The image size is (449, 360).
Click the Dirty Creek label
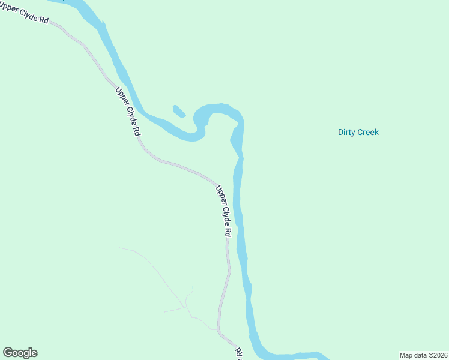(358, 132)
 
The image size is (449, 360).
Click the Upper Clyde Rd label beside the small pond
(127, 111)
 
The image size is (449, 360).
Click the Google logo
(20, 353)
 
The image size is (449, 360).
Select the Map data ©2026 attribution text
(423, 355)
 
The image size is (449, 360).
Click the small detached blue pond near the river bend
(179, 111)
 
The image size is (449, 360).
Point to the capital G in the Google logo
(8, 353)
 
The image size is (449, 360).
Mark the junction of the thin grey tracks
(186, 307)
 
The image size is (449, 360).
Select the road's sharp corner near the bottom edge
(219, 331)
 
